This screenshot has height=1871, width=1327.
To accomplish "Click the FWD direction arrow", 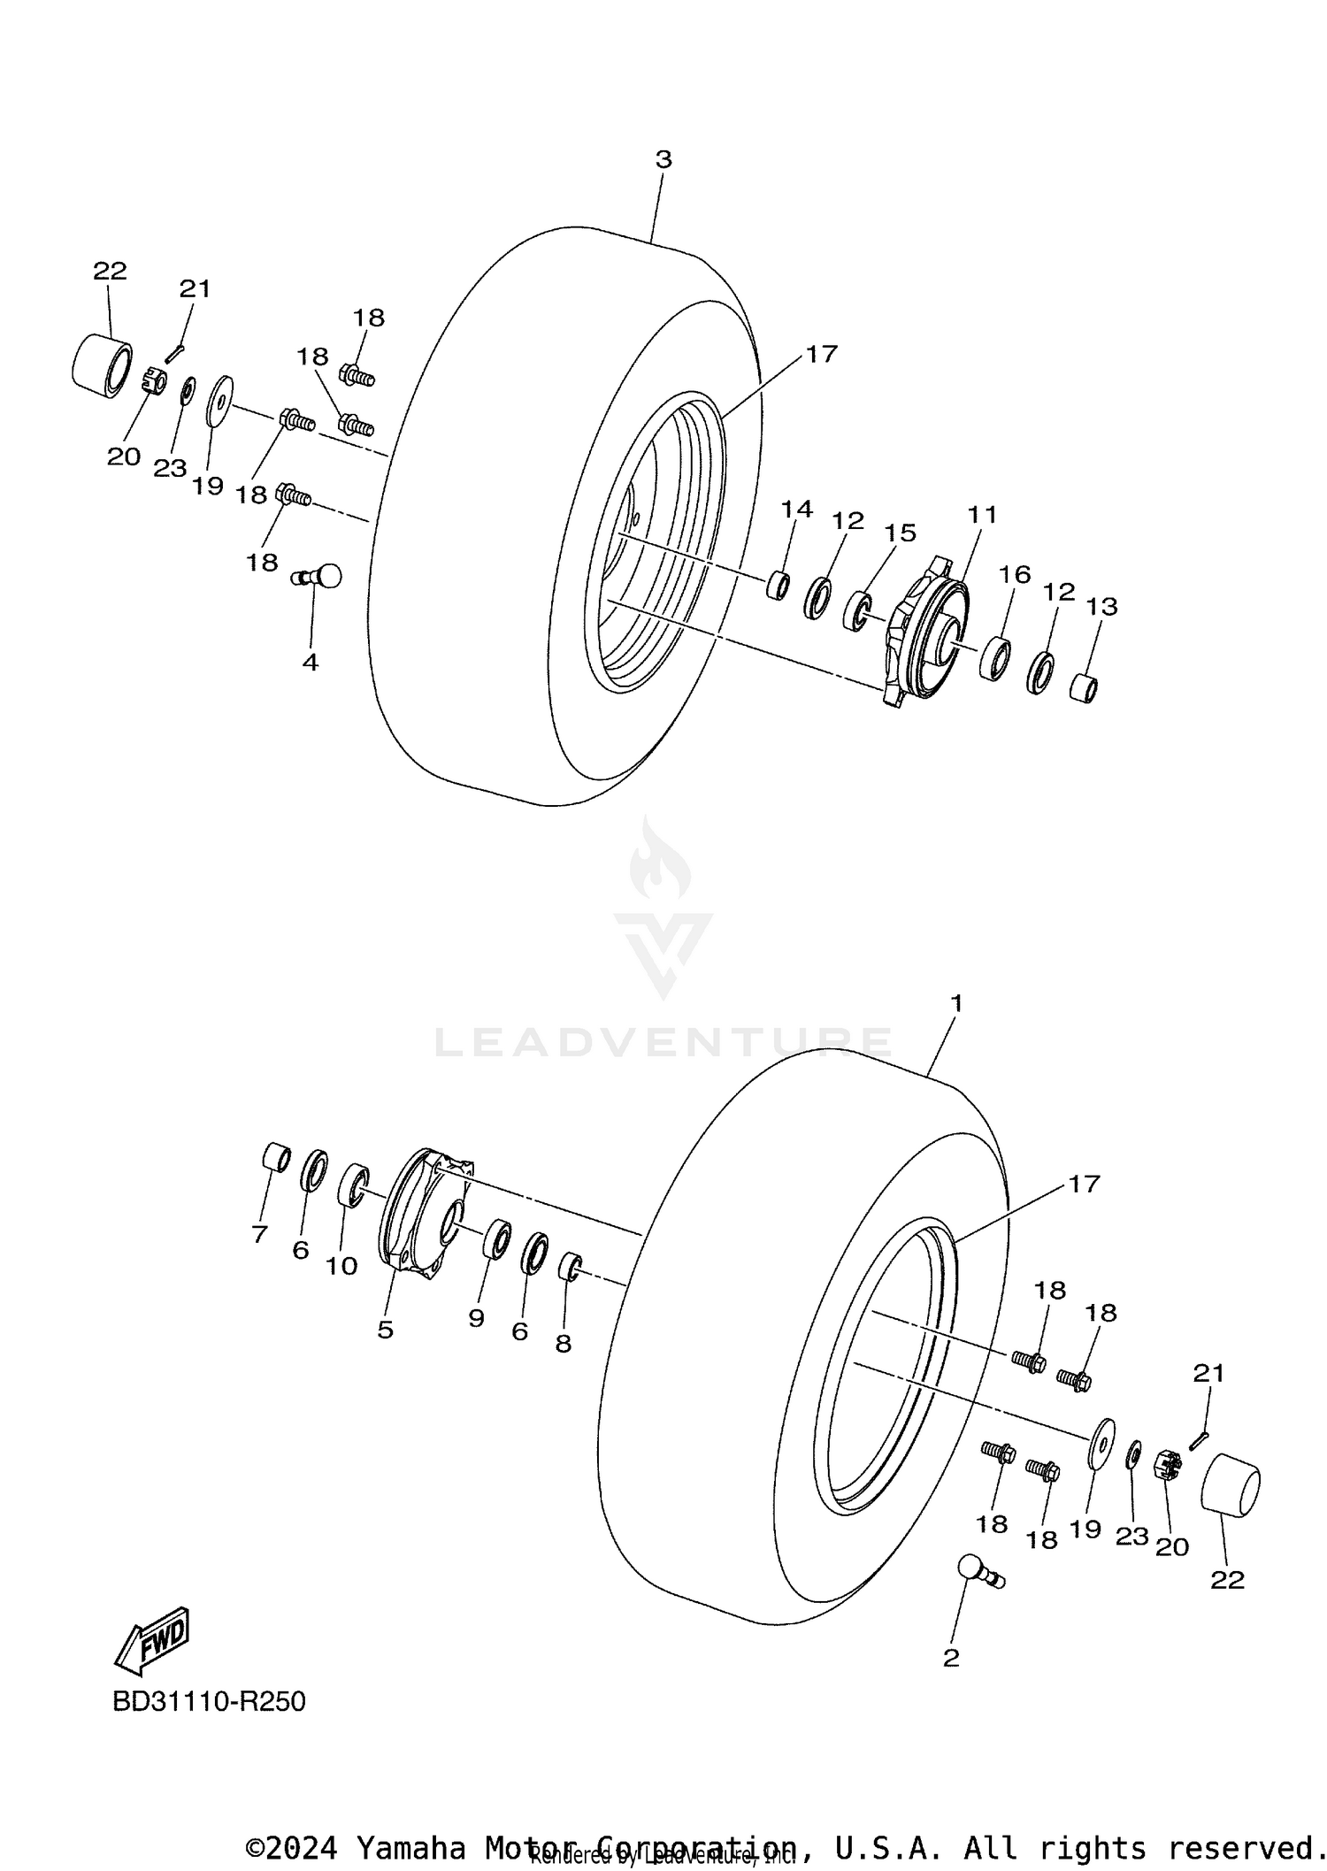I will pyautogui.click(x=152, y=1640).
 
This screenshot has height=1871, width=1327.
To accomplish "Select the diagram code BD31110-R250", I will pyautogui.click(x=209, y=1701).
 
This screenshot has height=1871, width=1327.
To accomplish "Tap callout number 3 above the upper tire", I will pyautogui.click(x=663, y=160).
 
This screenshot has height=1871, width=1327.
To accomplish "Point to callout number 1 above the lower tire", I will pyautogui.click(x=955, y=1003).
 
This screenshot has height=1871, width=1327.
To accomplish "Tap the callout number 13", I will pyautogui.click(x=1102, y=607).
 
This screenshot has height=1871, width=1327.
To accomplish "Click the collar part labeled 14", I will pyautogui.click(x=778, y=586).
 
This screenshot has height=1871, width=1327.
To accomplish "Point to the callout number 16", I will pyautogui.click(x=1015, y=575).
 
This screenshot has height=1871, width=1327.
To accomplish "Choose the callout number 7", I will pyautogui.click(x=259, y=1234).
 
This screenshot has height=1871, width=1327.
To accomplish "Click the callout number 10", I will pyautogui.click(x=341, y=1266).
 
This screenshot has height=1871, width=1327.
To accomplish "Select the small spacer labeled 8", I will pyautogui.click(x=569, y=1266).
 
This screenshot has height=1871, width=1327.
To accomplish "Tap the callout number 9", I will pyautogui.click(x=476, y=1318).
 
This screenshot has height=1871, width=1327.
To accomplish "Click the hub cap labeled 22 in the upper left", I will pyautogui.click(x=100, y=362).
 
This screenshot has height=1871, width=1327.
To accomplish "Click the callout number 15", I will pyautogui.click(x=901, y=533).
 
